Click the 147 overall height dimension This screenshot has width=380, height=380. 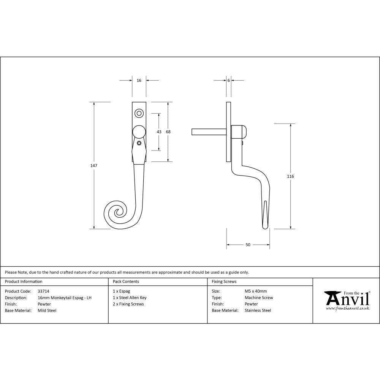pyautogui.click(x=94, y=166)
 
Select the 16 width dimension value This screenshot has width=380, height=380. pyautogui.click(x=139, y=81)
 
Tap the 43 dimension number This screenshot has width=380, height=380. pyautogui.click(x=159, y=132)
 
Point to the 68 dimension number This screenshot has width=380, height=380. pyautogui.click(x=168, y=132)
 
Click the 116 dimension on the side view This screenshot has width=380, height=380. pyautogui.click(x=291, y=176)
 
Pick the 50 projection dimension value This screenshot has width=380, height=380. pyautogui.click(x=248, y=245)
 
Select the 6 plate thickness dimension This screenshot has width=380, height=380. pyautogui.click(x=228, y=81)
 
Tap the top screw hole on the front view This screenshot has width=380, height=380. pyautogui.click(x=139, y=113)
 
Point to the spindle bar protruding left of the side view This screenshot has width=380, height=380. pyautogui.click(x=209, y=131)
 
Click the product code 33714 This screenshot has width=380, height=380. pyautogui.click(x=44, y=291)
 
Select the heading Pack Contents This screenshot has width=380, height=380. pyautogui.click(x=126, y=282)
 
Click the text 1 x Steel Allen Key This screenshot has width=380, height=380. pyautogui.click(x=130, y=298)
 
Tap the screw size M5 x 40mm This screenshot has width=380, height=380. pyautogui.click(x=256, y=291)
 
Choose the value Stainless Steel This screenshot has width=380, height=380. pyautogui.click(x=258, y=310)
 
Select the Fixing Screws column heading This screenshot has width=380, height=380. pyautogui.click(x=224, y=282)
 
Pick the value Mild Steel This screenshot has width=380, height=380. pyautogui.click(x=47, y=310)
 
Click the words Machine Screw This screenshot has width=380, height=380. pyautogui.click(x=259, y=298)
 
